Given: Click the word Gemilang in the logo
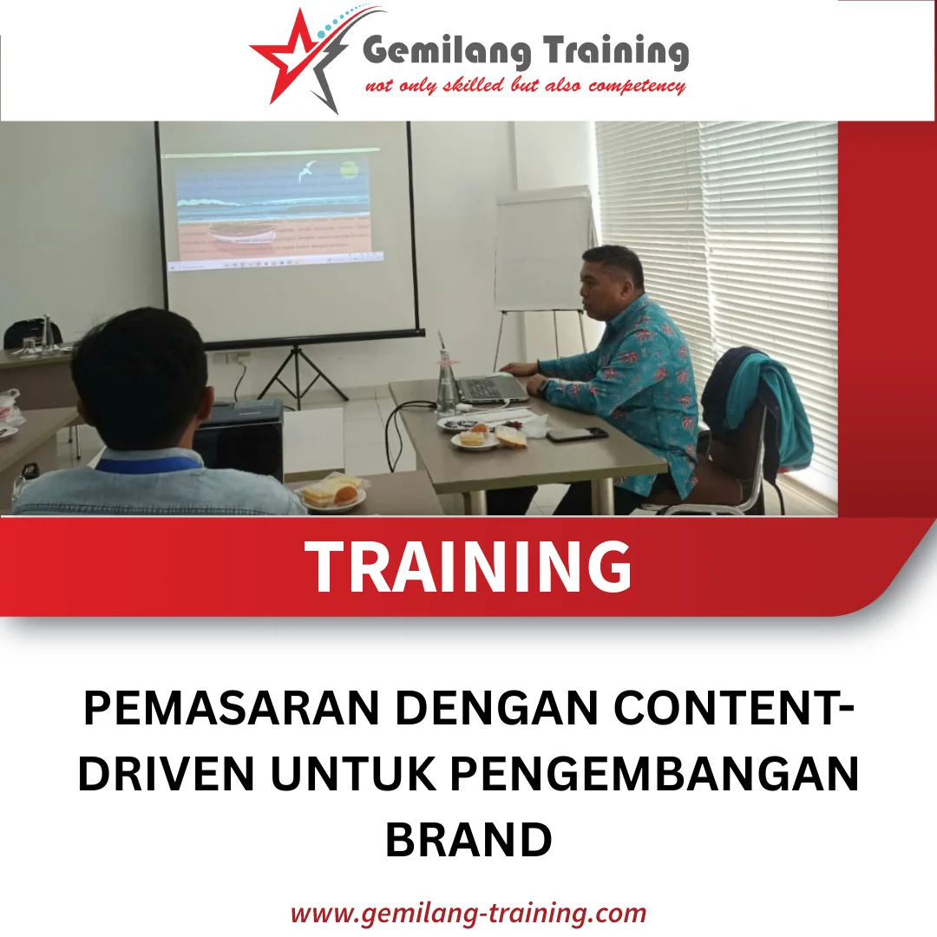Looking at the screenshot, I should pos(442,52).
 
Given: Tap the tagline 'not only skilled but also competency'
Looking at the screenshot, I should pos(525,86).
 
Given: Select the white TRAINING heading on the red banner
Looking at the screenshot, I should pos(469,566).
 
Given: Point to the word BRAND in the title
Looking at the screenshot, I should pos(468,839).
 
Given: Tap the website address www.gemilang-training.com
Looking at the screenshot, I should pos(468,913).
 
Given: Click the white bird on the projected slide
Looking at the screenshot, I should pos(306,173).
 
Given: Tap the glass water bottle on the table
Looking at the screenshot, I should pos(447,382).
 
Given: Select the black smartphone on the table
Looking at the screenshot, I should pos(577,434).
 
